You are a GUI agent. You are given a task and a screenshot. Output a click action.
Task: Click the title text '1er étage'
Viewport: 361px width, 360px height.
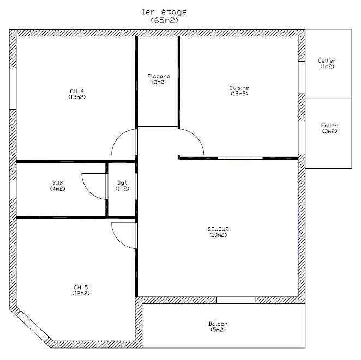[164, 12]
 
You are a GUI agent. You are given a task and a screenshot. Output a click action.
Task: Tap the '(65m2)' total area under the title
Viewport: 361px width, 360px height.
[165, 21]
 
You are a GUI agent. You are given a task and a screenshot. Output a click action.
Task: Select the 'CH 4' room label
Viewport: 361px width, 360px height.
[77, 91]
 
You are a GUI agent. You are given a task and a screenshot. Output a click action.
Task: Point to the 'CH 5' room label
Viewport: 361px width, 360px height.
[81, 288]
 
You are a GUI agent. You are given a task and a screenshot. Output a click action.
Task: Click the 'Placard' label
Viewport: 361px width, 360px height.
[159, 76]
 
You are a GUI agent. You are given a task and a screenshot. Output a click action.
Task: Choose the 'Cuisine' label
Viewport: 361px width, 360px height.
[239, 88]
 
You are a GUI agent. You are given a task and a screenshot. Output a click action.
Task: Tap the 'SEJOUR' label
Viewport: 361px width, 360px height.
[218, 229]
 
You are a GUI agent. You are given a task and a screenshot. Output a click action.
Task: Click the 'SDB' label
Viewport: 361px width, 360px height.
[58, 183]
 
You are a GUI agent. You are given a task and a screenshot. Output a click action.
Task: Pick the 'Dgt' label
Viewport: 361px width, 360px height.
[122, 183]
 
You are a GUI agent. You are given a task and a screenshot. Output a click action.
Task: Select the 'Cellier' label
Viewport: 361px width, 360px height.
[327, 60]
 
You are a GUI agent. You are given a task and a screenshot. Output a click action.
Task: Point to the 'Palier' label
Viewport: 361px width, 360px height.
[329, 125]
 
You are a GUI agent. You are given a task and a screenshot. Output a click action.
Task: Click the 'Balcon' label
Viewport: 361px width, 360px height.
[218, 324]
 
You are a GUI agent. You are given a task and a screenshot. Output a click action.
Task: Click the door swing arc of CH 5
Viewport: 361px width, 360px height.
[118, 241]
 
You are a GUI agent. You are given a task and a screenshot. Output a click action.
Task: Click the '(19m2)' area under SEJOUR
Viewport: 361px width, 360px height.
[218, 235]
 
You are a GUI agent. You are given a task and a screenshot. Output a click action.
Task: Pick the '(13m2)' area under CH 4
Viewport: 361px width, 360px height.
[77, 97]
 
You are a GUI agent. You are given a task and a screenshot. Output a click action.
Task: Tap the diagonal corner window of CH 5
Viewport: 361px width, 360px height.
[34, 325]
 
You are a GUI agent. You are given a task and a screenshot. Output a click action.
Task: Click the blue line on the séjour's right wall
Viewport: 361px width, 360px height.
[298, 231]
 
